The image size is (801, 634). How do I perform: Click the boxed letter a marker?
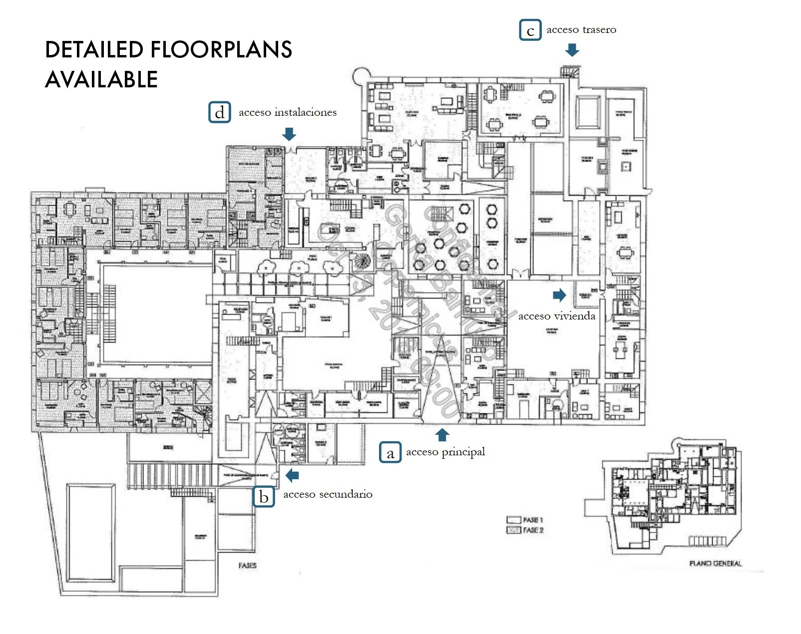tap(390, 452)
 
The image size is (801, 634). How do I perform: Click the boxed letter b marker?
tap(264, 496)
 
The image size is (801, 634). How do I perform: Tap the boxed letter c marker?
tap(530, 30)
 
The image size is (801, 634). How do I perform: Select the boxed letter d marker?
tap(219, 112)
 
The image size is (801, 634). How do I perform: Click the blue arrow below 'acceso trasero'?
tap(572, 49)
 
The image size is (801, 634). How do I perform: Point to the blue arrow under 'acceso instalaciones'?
tap(289, 134)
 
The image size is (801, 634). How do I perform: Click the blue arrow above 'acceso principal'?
tap(442, 434)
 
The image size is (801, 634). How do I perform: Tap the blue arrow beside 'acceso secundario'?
tap(292, 475)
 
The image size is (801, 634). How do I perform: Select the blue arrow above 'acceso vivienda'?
tap(559, 295)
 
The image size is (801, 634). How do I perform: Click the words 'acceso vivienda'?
tap(556, 316)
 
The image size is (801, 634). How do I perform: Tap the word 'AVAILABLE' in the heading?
tap(101, 80)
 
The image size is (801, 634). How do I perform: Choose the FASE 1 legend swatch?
tap(514, 520)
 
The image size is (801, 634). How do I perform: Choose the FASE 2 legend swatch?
tap(514, 530)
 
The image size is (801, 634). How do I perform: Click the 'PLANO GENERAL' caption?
tap(715, 563)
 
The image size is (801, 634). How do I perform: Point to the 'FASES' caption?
tap(247, 565)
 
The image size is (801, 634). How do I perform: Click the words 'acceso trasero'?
tap(581, 29)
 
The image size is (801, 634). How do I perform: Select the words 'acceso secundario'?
tap(328, 494)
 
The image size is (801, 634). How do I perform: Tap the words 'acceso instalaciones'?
tap(288, 112)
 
